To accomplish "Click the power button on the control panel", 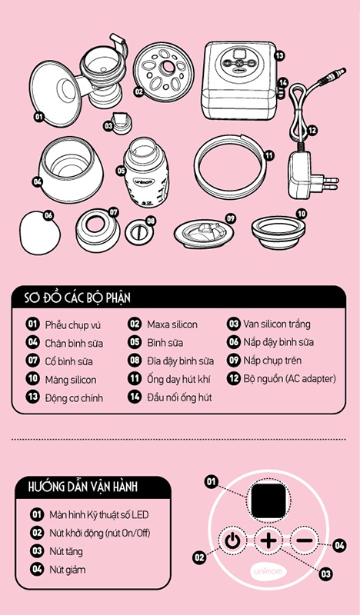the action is pyautogui.click(x=232, y=541).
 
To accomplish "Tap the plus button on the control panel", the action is pyautogui.click(x=268, y=541).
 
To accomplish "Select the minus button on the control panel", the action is pyautogui.click(x=305, y=540).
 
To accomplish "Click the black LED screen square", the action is pyautogui.click(x=269, y=501).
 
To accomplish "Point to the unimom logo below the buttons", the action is pyautogui.click(x=268, y=571).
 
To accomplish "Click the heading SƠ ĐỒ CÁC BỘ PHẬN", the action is pyautogui.click(x=77, y=298).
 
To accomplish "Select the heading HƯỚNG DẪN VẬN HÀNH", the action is pyautogui.click(x=83, y=487).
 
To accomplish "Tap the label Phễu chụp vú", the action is pyautogui.click(x=72, y=325).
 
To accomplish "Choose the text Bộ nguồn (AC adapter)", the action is pyautogui.click(x=290, y=379).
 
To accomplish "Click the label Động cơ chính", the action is pyautogui.click(x=74, y=397).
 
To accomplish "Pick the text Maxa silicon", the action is pyautogui.click(x=172, y=324).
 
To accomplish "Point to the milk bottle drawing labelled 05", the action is pyautogui.click(x=146, y=172).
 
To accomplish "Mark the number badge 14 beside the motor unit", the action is pyautogui.click(x=282, y=83).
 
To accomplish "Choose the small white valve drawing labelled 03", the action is pyautogui.click(x=121, y=124).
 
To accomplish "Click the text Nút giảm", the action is pyautogui.click(x=67, y=570).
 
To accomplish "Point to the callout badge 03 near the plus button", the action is pyautogui.click(x=325, y=574).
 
